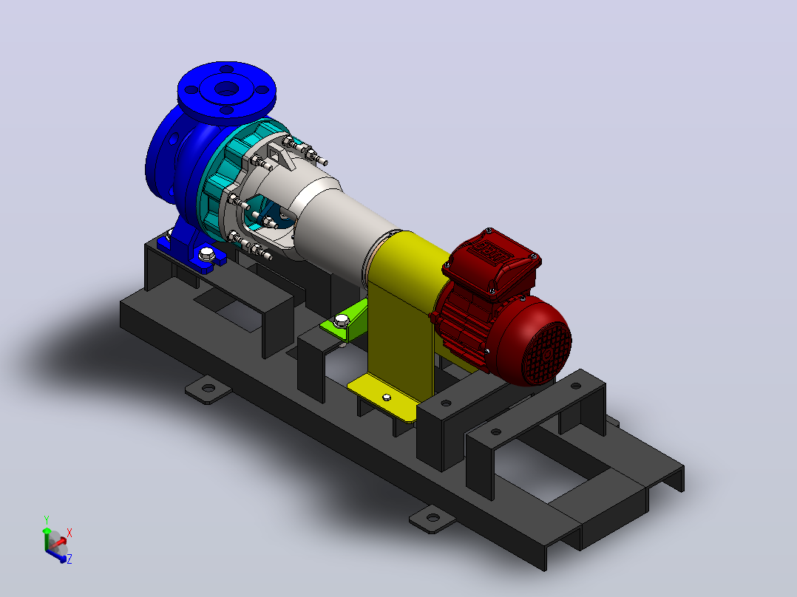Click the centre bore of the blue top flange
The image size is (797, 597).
[227, 89]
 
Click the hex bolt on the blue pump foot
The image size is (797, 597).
[206, 253]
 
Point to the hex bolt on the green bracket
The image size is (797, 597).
[342, 320]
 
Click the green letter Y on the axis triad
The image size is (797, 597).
[47, 519]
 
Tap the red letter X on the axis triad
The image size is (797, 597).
[69, 533]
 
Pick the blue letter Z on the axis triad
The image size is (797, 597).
[69, 559]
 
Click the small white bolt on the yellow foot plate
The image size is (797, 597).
[386, 398]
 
